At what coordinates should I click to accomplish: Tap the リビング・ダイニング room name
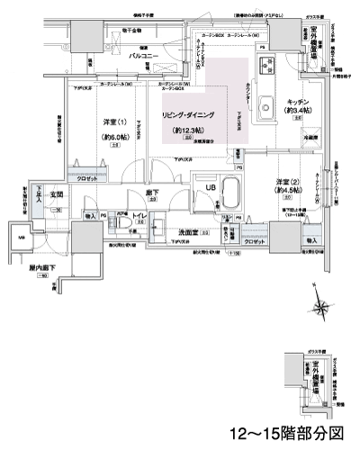coord(186,117)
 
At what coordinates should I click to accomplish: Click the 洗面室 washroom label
coord(187,231)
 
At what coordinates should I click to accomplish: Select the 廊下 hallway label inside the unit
coord(140,192)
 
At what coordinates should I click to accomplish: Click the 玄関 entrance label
coord(53,192)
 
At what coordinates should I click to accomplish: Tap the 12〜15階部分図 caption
coord(286,433)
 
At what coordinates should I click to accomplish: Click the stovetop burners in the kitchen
coord(265,65)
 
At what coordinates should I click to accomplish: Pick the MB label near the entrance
coord(22,237)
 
